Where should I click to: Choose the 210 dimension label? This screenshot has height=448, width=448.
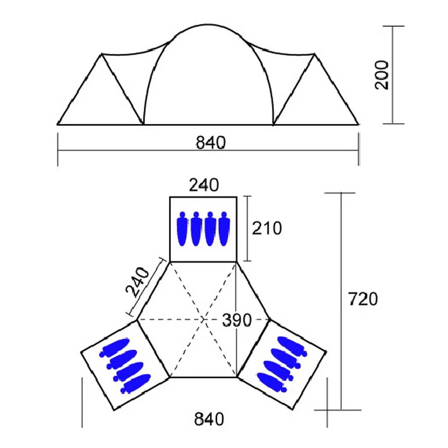(x=267, y=228)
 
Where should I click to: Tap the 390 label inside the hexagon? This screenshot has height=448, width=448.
(x=237, y=320)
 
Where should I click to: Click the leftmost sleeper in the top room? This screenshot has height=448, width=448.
(x=182, y=229)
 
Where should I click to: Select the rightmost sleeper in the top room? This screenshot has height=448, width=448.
(x=224, y=229)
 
